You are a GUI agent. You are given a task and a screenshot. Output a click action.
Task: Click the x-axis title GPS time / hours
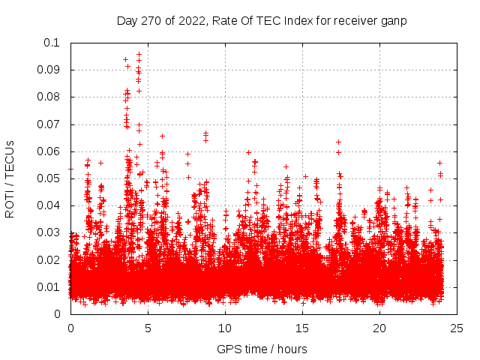(262, 349)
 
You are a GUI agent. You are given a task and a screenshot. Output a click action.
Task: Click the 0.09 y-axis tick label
(49, 70)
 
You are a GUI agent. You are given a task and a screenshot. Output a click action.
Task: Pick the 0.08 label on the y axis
(49, 97)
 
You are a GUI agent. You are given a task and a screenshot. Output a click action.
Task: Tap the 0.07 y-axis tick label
(49, 124)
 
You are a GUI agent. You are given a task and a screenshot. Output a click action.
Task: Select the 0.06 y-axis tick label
(49, 151)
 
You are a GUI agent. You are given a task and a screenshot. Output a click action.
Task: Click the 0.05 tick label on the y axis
(49, 178)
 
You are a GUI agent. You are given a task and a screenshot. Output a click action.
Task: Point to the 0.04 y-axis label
(49, 205)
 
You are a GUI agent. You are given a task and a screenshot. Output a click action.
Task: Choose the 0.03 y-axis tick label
(49, 232)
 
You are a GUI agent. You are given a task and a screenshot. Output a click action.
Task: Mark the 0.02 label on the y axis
(49, 260)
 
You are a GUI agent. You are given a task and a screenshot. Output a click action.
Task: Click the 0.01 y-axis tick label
(49, 287)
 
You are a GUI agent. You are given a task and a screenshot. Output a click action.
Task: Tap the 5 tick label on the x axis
(148, 328)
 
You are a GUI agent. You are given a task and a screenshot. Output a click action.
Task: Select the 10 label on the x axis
(225, 328)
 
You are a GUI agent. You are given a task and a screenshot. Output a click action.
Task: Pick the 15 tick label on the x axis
(302, 328)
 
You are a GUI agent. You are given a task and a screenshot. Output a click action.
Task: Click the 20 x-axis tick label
(379, 328)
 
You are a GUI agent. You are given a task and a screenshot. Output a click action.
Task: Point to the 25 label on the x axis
(457, 328)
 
